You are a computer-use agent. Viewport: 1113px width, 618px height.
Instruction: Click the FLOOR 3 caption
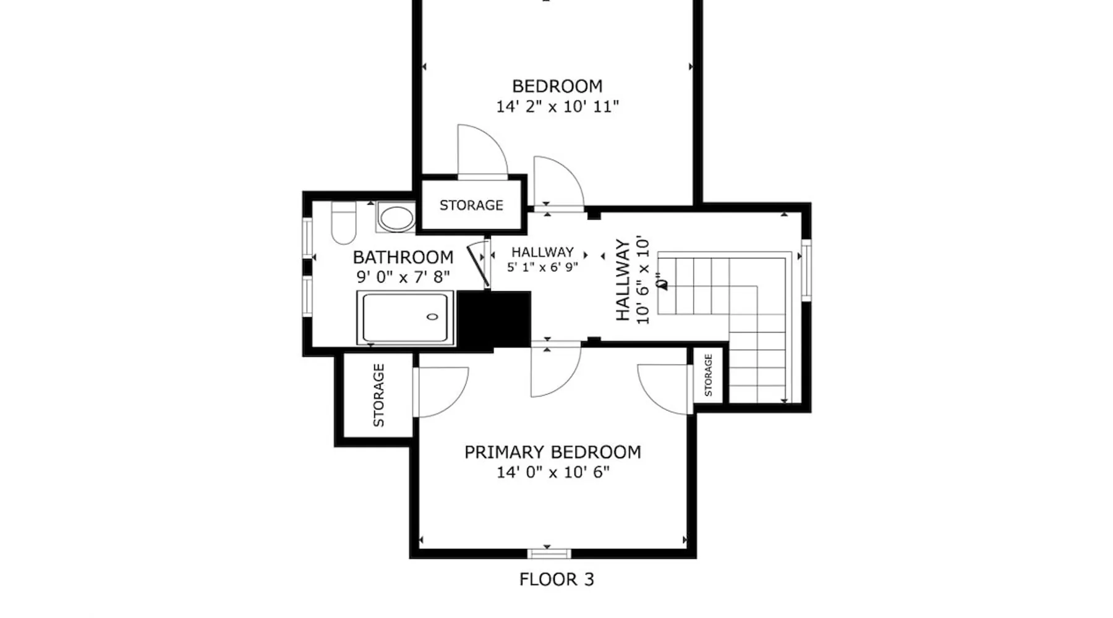point(556,580)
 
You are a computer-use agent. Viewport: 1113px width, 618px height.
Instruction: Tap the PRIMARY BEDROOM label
point(552,452)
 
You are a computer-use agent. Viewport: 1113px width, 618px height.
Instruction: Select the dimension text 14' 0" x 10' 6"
point(553,472)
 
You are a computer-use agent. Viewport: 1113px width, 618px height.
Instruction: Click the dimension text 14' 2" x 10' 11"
point(557,106)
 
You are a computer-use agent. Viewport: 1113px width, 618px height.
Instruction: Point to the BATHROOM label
point(403,257)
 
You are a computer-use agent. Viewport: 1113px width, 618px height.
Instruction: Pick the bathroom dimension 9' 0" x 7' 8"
point(403,276)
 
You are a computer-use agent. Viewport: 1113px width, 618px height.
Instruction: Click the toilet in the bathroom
point(344,222)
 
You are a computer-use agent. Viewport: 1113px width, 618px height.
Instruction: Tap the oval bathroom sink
point(396,218)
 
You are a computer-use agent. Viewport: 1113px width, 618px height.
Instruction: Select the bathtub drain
point(433,317)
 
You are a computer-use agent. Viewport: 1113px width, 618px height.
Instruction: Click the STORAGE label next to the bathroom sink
point(471,205)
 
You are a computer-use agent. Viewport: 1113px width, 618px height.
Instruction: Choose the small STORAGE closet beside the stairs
point(708,375)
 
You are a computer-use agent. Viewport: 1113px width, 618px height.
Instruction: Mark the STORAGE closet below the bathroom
point(378,396)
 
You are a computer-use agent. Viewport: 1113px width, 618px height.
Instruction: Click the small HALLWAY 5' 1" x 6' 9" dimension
point(542,267)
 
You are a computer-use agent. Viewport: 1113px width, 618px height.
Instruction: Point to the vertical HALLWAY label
point(623,280)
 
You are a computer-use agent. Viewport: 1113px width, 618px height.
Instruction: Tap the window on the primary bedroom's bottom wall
point(548,553)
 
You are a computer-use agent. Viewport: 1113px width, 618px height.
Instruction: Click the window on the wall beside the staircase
point(806,270)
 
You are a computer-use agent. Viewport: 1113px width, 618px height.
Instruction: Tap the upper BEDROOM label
point(557,86)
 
